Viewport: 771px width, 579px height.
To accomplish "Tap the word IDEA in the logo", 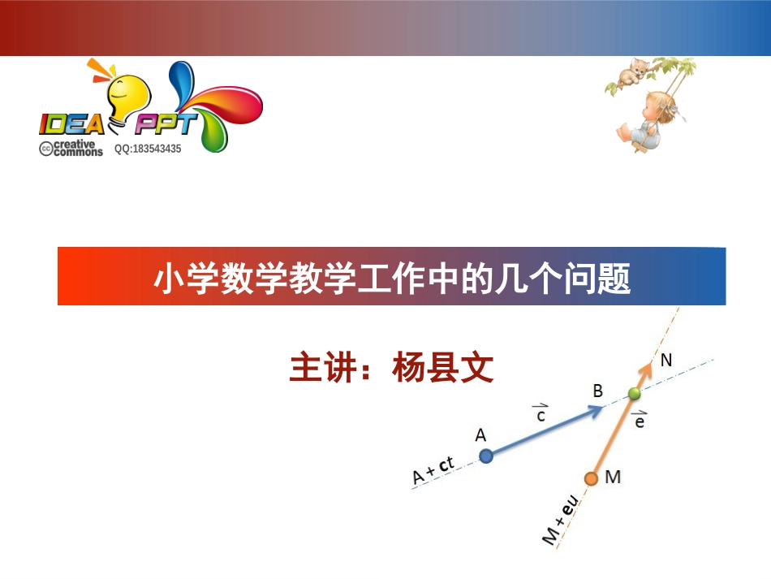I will [x=72, y=124].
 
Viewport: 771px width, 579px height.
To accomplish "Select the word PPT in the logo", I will [x=166, y=124].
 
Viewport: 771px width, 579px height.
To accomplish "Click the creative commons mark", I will [x=71, y=148].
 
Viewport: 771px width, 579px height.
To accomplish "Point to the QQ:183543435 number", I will [x=148, y=149].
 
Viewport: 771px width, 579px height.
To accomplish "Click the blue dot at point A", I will [x=485, y=456].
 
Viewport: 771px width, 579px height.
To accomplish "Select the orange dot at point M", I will [x=591, y=478].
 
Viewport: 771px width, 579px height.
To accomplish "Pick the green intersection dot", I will [x=635, y=395].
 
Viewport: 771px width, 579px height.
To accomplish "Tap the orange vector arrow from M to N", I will [x=621, y=422].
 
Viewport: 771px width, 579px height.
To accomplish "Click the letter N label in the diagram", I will [x=665, y=360].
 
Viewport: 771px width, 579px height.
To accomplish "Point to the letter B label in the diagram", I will [x=597, y=391].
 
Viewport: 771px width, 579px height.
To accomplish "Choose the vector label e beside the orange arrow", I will [x=640, y=420].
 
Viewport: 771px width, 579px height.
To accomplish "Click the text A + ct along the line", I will [x=433, y=472].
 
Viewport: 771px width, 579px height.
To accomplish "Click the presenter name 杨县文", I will [x=442, y=368].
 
